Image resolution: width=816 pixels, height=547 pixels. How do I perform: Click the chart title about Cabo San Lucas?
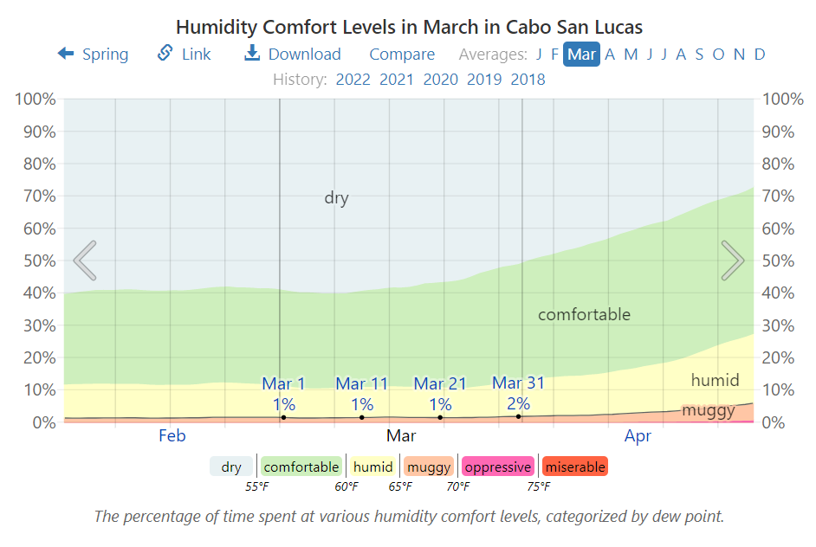pos(409,26)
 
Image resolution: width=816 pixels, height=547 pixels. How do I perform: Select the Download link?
pos(292,55)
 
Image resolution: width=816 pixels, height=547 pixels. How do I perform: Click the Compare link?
pos(402,55)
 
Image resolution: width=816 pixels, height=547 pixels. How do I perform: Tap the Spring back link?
pos(93,55)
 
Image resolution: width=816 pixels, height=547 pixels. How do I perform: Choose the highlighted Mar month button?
pos(581,55)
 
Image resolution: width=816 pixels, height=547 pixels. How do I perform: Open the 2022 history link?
pos(353,80)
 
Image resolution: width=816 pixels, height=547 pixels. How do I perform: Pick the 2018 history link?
pos(528,80)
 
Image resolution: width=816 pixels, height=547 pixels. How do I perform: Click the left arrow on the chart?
pos(84,261)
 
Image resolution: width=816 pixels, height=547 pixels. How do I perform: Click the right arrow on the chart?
pos(732,261)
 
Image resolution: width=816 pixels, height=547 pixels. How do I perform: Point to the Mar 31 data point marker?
pos(519,416)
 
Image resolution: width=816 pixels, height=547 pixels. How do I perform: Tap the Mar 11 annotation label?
pos(362,383)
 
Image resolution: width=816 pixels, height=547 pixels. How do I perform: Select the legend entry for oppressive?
pos(497,467)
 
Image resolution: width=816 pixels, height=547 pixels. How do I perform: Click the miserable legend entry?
pos(575,467)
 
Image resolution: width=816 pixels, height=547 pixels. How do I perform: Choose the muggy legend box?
pos(429,467)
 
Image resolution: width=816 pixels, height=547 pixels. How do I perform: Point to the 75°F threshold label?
pos(539,487)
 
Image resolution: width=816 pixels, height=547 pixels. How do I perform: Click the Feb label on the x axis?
pos(172,436)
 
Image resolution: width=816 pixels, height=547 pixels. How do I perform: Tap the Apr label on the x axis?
pos(638,436)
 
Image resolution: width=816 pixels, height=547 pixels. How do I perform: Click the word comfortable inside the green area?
pos(584,315)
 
